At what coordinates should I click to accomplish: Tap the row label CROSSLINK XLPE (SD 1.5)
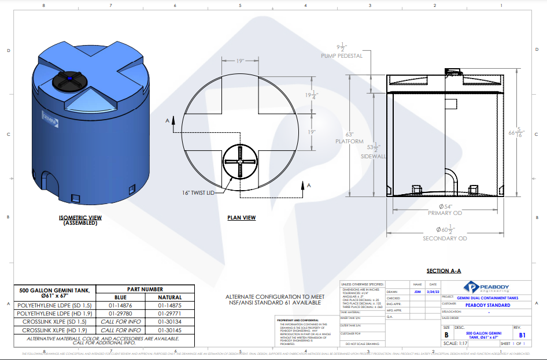[54, 322]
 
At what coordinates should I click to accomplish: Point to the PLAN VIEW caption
[242, 218]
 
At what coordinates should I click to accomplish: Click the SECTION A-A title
[443, 271]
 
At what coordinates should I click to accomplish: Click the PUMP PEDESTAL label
[342, 56]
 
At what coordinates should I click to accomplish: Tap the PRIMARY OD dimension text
[445, 213]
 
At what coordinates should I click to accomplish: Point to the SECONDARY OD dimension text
[445, 238]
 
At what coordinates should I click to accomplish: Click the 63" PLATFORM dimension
[349, 137]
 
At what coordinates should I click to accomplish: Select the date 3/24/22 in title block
[433, 292]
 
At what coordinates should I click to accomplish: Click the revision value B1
[522, 335]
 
